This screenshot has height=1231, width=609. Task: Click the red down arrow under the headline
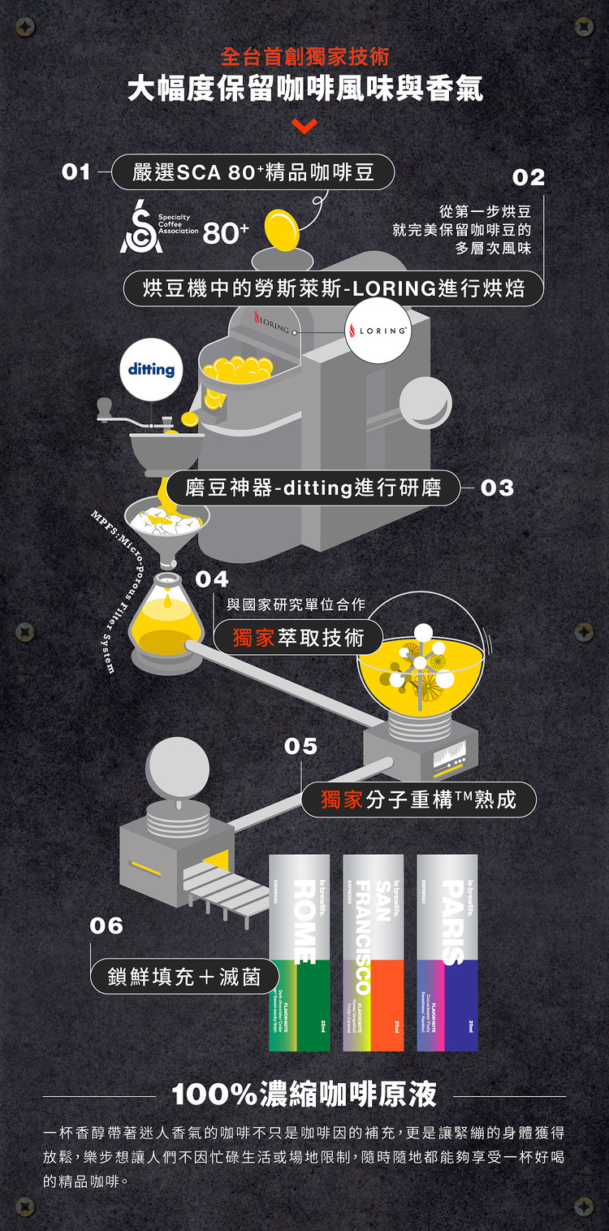pos(304,127)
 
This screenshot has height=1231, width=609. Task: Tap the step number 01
pos(76,172)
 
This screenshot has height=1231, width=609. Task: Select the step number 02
pos(529,177)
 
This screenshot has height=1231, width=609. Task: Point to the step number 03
pos(497,488)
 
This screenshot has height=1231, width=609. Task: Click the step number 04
pos(212,579)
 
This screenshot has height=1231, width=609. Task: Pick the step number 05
pos(300,746)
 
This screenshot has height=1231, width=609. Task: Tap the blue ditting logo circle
pos(151,370)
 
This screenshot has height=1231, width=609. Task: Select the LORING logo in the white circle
pos(378,331)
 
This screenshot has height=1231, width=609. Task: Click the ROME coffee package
pos(300,951)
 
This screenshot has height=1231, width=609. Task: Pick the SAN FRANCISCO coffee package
pos(374,951)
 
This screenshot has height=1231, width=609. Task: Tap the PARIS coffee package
pos(447,951)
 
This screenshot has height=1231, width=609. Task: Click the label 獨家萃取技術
pos(297,638)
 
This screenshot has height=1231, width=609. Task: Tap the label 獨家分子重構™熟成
pos(418,800)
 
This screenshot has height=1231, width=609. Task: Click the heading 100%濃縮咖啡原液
pos(304,1094)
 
